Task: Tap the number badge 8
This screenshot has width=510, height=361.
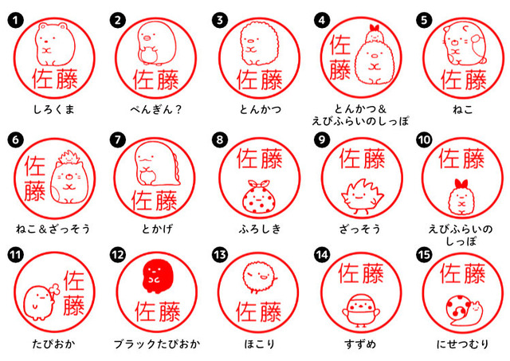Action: (x=219, y=140)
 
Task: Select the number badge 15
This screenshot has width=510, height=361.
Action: (x=423, y=254)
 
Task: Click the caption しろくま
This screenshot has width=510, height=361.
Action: (x=53, y=108)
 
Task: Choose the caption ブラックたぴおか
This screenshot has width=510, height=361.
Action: (x=155, y=344)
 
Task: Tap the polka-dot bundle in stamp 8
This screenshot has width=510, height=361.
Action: (x=257, y=196)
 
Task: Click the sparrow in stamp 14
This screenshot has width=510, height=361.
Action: (x=357, y=314)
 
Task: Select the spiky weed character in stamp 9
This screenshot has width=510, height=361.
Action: (x=357, y=196)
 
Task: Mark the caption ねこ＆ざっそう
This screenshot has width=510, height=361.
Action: (x=53, y=229)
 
